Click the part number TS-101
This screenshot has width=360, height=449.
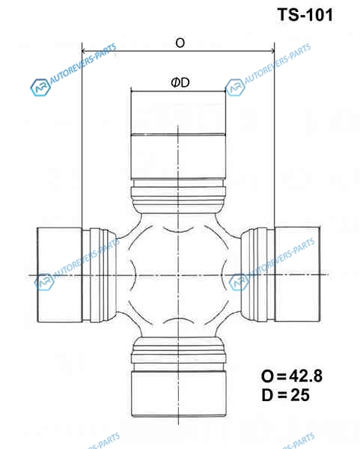[x=305, y=15]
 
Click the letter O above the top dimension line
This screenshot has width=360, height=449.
[x=180, y=43]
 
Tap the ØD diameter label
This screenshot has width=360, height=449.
[x=180, y=83]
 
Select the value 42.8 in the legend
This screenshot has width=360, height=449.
[x=306, y=376]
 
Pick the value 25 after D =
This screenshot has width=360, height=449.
[x=300, y=395]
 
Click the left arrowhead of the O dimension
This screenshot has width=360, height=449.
[x=83, y=51]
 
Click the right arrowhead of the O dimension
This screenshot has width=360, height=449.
[x=272, y=51]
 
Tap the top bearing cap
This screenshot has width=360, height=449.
[x=178, y=135]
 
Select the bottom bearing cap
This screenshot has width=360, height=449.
[x=179, y=394]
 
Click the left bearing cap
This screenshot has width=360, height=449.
[x=60, y=275]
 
